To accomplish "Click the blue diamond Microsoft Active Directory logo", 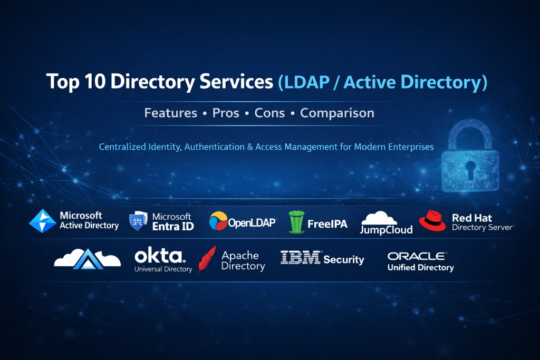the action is point(43,221).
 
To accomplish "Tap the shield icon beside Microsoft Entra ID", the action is point(138,221).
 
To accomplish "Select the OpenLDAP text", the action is point(252,223).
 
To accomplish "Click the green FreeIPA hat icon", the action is point(296,222).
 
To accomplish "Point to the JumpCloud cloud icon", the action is point(379,218).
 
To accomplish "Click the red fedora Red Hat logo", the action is point(432,221).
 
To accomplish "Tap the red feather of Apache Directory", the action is point(207,259).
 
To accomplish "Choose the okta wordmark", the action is point(160,256).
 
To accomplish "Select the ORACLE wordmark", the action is point(417,256).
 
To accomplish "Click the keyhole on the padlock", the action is point(470,170).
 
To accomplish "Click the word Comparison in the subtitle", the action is point(337,113).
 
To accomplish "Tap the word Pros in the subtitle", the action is point(226,113).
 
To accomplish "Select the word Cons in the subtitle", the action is point(269,113).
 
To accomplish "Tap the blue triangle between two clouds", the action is point(88,259).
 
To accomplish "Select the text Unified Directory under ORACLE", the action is point(420,267).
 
